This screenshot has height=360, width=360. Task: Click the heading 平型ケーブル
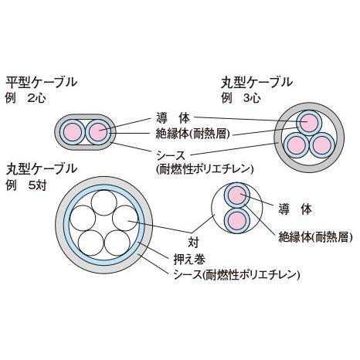tap(44, 82)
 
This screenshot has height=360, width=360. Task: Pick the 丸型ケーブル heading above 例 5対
tap(42, 168)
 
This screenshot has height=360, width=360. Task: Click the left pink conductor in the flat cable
tap(75, 132)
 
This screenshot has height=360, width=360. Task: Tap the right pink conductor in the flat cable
tap(98, 132)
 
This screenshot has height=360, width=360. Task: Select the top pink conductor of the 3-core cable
tap(309, 122)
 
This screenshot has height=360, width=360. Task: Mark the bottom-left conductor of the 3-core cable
tap(297, 143)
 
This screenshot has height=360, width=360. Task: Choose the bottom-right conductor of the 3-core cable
tap(321, 143)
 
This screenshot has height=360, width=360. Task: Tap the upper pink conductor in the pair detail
tap(237, 195)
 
